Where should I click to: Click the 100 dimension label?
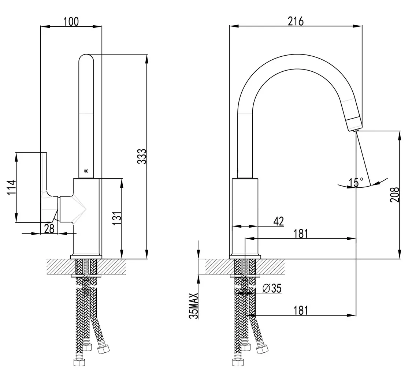coord(71,21)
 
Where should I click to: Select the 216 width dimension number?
coord(296,21)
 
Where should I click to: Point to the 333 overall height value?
coord(142,156)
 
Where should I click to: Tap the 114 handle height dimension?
coord(11,187)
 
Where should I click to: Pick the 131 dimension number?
coord(117,218)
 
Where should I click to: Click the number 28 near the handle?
coord(49,229)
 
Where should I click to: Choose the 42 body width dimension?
coord(279,221)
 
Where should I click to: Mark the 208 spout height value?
coord(395,195)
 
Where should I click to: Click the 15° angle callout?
coord(356,182)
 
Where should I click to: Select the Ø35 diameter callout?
coord(272,288)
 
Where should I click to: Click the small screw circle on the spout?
coord(86,171)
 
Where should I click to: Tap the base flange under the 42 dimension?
coord(245,257)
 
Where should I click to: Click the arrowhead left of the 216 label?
coord(234,26)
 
